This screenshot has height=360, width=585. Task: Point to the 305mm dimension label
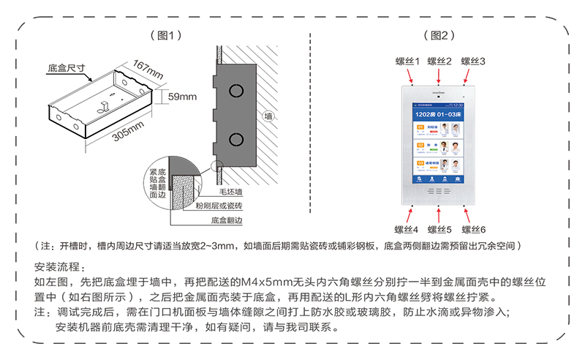129,132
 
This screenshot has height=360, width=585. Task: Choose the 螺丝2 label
439,61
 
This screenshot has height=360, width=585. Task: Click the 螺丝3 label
472,61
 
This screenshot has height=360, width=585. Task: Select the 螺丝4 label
407,229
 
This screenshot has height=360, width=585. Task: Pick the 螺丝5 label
439,229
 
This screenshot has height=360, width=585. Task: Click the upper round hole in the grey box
236,91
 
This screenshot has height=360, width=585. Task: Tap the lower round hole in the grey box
236,139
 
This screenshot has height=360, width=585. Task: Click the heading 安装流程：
61,266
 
